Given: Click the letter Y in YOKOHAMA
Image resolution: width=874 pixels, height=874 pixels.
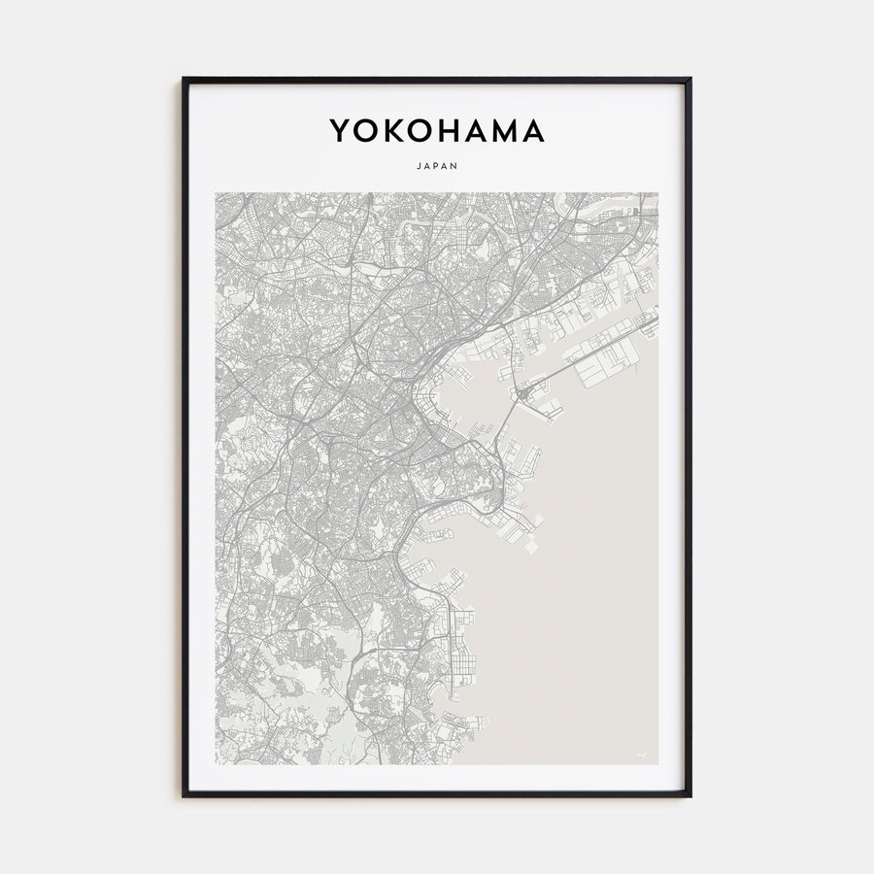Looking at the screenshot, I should (340, 131).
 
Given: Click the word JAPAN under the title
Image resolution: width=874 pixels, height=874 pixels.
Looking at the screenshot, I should (437, 165).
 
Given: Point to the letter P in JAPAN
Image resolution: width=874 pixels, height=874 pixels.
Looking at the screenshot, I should (437, 165).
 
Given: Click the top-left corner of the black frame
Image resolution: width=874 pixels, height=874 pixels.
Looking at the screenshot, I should (184, 79).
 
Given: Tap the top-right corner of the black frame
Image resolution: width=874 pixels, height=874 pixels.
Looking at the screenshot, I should (689, 79).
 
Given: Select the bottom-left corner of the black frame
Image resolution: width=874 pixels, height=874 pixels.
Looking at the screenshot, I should (184, 795).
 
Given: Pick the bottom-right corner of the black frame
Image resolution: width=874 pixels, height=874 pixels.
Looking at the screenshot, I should (689, 795).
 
